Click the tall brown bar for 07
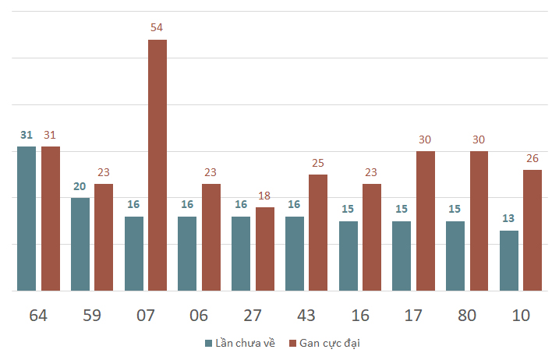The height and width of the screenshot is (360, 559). click(157, 165)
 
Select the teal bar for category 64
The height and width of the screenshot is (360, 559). click(27, 218)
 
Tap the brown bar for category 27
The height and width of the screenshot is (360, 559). click(265, 249)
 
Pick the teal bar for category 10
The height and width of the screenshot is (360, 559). click(509, 260)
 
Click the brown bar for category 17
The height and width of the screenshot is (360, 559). click(426, 221)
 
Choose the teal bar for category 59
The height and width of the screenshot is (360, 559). click(80, 244)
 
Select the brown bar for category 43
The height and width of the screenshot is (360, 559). click(318, 232)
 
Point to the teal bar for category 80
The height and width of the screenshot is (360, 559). click(455, 256)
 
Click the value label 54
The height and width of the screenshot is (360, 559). click(157, 28)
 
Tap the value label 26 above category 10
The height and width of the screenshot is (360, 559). click(532, 159)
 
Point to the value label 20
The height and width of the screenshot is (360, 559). click(80, 187)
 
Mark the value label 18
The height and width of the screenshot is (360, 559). click(264, 196)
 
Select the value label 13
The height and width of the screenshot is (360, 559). click(509, 219)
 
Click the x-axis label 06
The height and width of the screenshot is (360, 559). click(199, 316)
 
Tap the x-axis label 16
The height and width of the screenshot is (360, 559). click(359, 316)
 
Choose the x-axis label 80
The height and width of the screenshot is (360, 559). click(467, 316)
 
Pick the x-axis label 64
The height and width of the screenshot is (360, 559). click(38, 316)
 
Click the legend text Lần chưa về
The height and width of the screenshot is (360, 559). click(245, 343)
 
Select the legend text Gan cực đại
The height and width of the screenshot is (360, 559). click(330, 343)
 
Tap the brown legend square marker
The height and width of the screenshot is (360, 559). click(293, 343)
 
